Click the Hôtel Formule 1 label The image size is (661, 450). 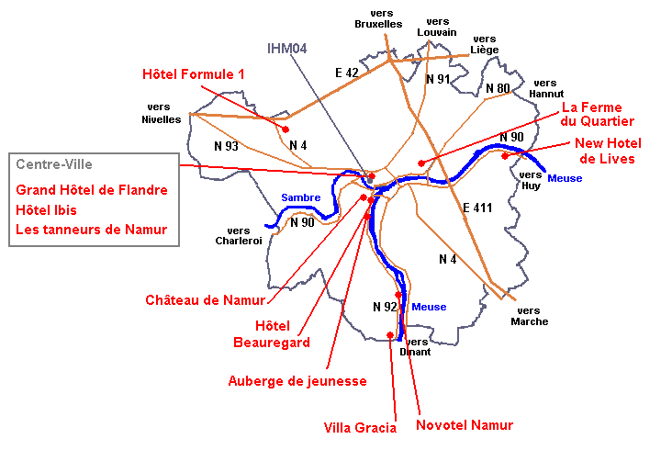tap(194, 73)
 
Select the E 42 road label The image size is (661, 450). tap(348, 72)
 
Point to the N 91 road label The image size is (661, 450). tap(439, 79)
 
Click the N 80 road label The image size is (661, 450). tap(498, 88)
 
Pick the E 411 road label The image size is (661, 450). tap(477, 208)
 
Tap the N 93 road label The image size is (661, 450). tap(226, 146)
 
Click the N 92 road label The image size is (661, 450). tap(386, 306)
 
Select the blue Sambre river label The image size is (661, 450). tap(300, 197)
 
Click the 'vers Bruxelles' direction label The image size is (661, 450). tap(378, 18)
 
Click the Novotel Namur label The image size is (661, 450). tap(465, 424)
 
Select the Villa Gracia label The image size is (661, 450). tap(360, 427)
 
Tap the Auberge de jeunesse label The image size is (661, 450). tap(297, 380)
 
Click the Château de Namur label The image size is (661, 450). tap(205, 299)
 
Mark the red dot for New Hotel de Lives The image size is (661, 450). tap(505, 156)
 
